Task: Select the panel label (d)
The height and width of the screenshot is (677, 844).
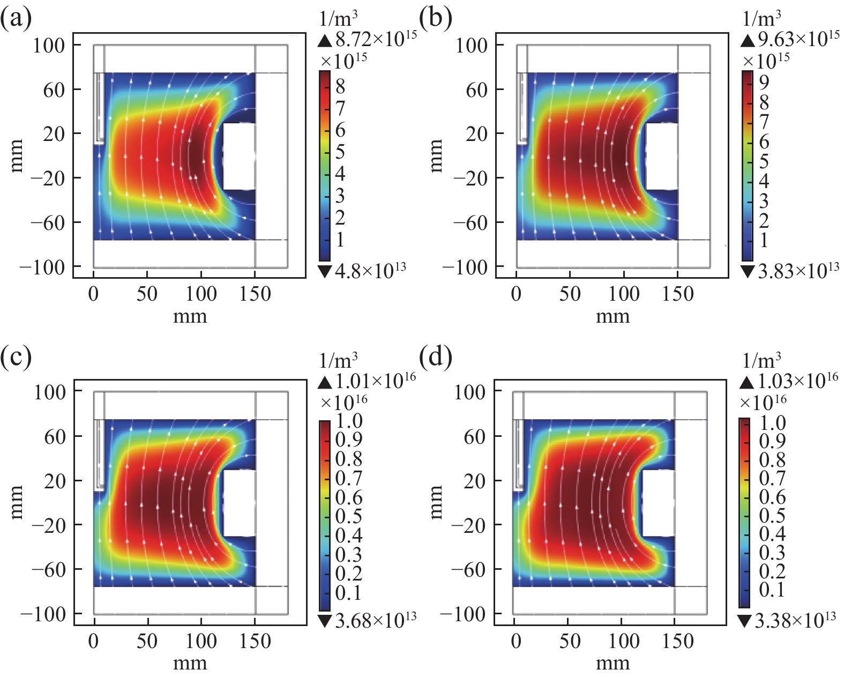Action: (x=435, y=357)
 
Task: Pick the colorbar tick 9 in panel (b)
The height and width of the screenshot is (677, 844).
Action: (x=764, y=81)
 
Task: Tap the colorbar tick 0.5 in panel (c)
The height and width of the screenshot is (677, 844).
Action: (x=348, y=516)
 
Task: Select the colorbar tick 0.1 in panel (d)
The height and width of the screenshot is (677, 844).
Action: (x=772, y=590)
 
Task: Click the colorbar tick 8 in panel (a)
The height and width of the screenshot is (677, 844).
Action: (x=340, y=86)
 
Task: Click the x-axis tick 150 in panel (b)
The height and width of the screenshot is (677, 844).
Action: (x=677, y=294)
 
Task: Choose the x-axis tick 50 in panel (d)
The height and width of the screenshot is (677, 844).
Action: (x=569, y=641)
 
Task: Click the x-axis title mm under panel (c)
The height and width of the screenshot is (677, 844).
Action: (x=190, y=664)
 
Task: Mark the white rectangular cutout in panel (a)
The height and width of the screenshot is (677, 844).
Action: (x=238, y=156)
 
